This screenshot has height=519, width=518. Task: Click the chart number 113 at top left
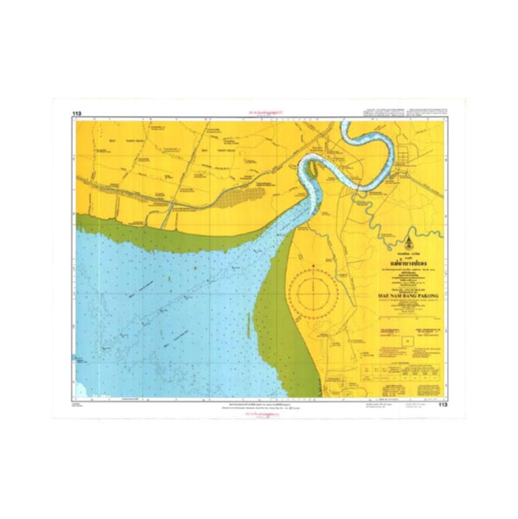[78, 112]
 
